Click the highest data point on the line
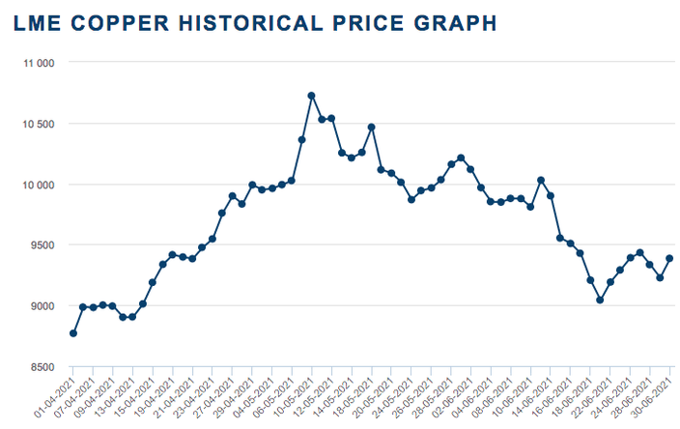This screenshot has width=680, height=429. pos(311,96)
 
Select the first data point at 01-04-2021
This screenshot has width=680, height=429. pos(73,333)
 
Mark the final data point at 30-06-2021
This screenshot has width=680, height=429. pos(669,258)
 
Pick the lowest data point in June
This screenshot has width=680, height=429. pos(600,300)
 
